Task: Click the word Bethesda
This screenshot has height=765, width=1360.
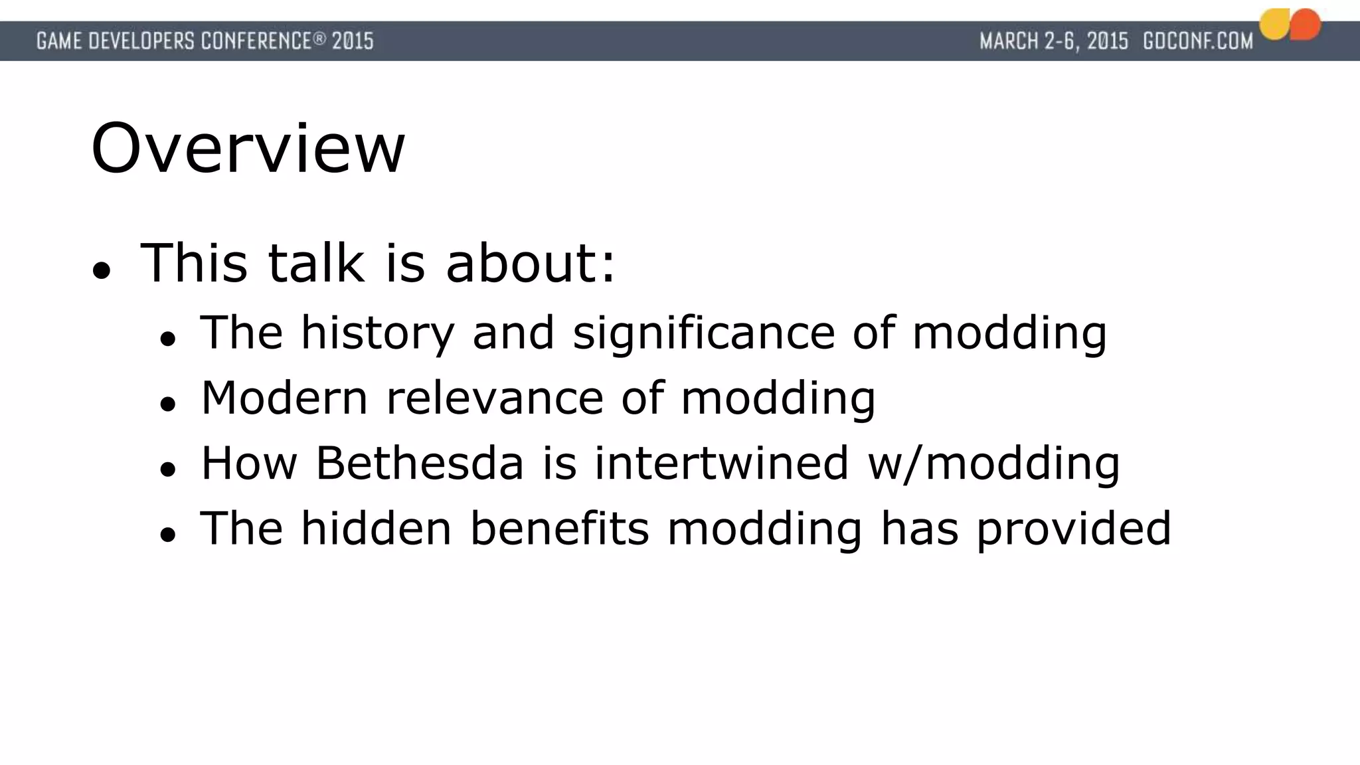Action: point(419,463)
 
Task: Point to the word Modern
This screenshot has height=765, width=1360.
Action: point(284,398)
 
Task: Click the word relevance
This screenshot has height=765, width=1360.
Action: point(495,398)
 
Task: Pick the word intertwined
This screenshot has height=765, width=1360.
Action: point(721,463)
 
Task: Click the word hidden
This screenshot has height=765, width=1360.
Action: point(376,529)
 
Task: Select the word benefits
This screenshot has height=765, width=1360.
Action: point(559,529)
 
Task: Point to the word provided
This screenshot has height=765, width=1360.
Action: point(1073,529)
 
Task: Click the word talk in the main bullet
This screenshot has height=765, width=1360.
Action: point(316,264)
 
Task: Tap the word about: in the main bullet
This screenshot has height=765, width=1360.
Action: point(531,264)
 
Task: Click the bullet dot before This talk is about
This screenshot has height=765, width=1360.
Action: point(101,270)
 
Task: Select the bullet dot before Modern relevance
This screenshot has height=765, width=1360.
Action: point(167,404)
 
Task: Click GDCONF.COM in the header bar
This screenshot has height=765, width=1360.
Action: point(1197,41)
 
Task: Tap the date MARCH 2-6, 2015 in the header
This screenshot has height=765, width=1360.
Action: point(1054,41)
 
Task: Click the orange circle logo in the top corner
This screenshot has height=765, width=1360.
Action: point(1306,25)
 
